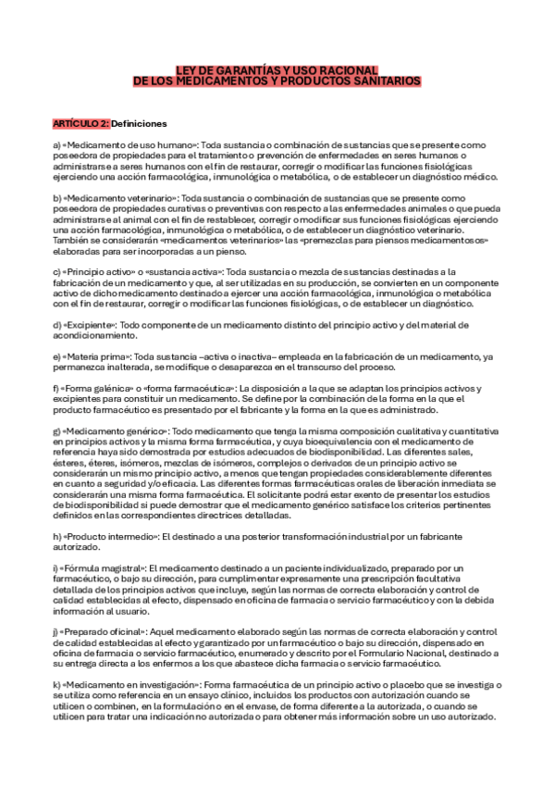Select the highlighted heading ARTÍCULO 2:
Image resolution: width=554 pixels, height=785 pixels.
coord(81,123)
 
